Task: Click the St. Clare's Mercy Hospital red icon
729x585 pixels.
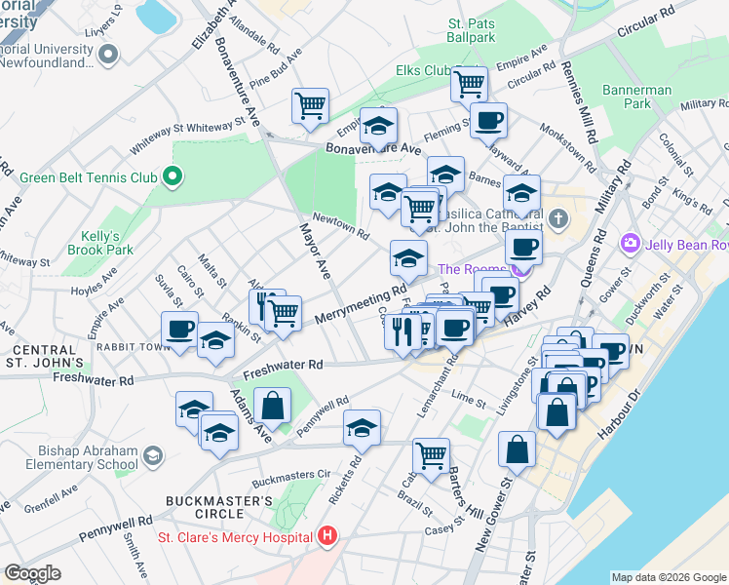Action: tap(326, 536)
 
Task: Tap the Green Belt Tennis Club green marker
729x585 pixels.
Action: tap(173, 177)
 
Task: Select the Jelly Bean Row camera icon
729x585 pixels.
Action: tap(630, 243)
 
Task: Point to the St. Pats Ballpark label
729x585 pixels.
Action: tap(472, 29)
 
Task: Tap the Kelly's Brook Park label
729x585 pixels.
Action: tap(107, 243)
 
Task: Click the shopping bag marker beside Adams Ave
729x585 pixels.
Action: tap(272, 405)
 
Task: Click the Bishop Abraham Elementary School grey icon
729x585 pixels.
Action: tap(152, 456)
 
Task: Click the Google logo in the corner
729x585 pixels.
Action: tap(32, 574)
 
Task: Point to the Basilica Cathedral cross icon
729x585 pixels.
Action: tap(557, 217)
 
